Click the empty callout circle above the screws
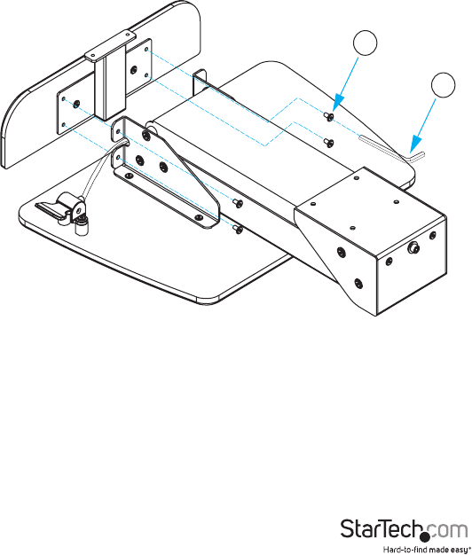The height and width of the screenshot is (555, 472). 365,43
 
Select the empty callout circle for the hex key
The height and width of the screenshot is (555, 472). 444,85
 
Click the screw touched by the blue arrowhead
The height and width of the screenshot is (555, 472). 329,116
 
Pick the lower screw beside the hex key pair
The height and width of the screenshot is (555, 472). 328,142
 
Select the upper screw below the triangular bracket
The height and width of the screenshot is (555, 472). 238,203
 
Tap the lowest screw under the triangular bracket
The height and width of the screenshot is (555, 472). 238,230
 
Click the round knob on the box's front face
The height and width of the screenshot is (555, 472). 413,247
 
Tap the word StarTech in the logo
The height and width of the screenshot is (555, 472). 382,528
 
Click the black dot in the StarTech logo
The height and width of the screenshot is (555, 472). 425,537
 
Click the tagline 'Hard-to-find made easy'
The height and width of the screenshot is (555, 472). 424,550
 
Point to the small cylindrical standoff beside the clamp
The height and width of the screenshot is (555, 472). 81,227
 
